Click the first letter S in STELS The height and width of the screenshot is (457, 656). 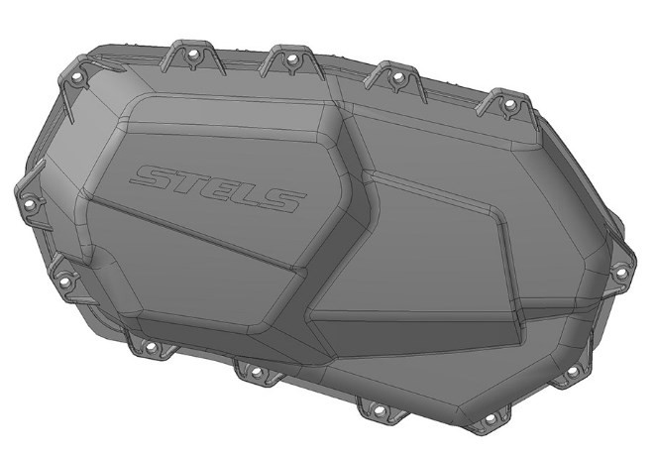pyautogui.click(x=155, y=178)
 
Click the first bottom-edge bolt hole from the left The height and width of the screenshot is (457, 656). pyautogui.click(x=151, y=348)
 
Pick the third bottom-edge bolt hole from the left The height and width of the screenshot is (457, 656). pyautogui.click(x=378, y=407)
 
